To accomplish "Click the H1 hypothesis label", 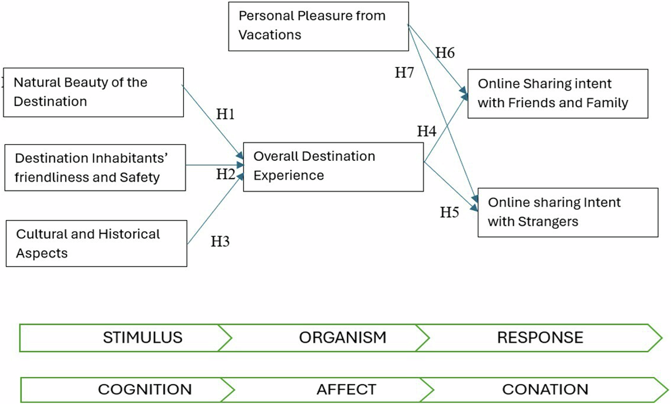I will pyautogui.click(x=225, y=114).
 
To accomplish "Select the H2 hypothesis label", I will pyautogui.click(x=225, y=174).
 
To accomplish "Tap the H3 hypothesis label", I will pyautogui.click(x=220, y=242).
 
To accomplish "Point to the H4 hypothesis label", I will pyautogui.click(x=426, y=131).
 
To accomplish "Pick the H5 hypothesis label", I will pyautogui.click(x=449, y=212).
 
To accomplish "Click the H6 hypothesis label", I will pyautogui.click(x=445, y=53).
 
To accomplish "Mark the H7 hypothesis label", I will pyautogui.click(x=404, y=72).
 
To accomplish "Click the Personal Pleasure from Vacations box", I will pyautogui.click(x=318, y=26).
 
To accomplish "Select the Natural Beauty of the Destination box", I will pyautogui.click(x=93, y=93).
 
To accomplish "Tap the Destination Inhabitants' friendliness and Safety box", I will pyautogui.click(x=95, y=168).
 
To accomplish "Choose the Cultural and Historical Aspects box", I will pyautogui.click(x=96, y=244).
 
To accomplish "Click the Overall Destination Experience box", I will pyautogui.click(x=333, y=167).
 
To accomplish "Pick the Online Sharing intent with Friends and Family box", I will pyautogui.click(x=557, y=93).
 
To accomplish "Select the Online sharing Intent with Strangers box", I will pyautogui.click(x=568, y=212).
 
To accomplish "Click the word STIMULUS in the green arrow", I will pyautogui.click(x=142, y=337).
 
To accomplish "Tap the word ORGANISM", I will pyautogui.click(x=342, y=337).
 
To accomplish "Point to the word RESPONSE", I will pyautogui.click(x=540, y=337).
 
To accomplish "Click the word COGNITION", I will pyautogui.click(x=144, y=389).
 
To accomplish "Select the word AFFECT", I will pyautogui.click(x=346, y=389).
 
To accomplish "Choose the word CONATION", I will pyautogui.click(x=545, y=389).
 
